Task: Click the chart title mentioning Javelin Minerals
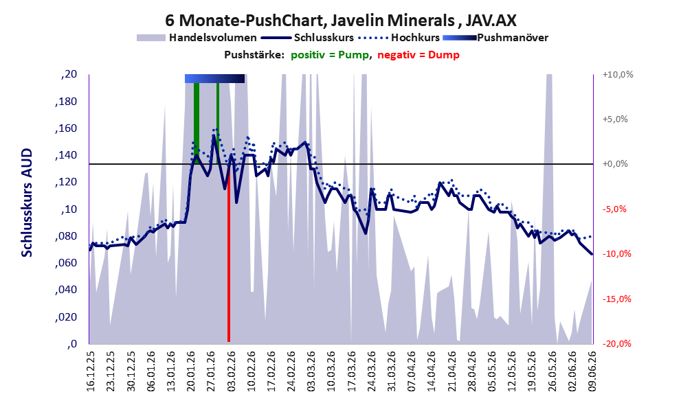(341, 20)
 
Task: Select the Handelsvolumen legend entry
(197, 38)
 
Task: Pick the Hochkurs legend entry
(399, 38)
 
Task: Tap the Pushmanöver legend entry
(495, 38)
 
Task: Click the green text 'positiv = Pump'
(330, 55)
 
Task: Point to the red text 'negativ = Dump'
(418, 55)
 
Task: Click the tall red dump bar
(228, 264)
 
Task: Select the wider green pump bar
(197, 122)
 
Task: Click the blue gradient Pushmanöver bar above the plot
(214, 78)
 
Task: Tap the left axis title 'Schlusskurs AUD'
(27, 203)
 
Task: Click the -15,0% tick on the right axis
(616, 299)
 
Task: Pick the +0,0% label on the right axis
(615, 164)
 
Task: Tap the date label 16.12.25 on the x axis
(90, 371)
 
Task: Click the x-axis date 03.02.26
(231, 371)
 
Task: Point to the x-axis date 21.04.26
(451, 371)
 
